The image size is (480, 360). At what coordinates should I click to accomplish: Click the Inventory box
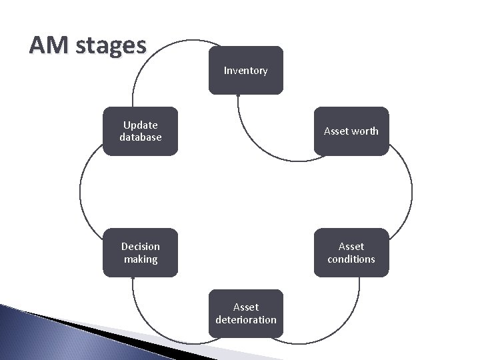click(245, 70)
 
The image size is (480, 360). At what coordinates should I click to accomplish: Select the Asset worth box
click(351, 131)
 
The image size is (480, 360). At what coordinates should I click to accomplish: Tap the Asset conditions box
click(351, 253)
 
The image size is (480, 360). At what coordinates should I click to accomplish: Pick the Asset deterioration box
click(245, 313)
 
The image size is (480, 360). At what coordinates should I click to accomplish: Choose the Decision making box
click(141, 253)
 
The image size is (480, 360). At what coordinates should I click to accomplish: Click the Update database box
click(141, 131)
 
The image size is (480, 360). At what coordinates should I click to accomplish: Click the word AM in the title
click(49, 45)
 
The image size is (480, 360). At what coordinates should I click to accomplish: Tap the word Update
click(141, 125)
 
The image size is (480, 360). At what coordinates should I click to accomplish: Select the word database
click(141, 137)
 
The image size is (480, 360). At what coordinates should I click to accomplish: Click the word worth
click(365, 131)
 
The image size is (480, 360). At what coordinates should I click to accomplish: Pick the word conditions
click(351, 259)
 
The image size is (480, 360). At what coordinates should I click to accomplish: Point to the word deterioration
click(245, 320)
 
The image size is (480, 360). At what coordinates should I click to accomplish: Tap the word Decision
click(141, 247)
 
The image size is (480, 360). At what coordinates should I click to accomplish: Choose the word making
click(141, 259)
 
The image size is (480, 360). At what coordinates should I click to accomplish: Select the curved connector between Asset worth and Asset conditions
click(411, 193)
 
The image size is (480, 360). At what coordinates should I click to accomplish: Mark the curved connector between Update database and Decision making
click(80, 193)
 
